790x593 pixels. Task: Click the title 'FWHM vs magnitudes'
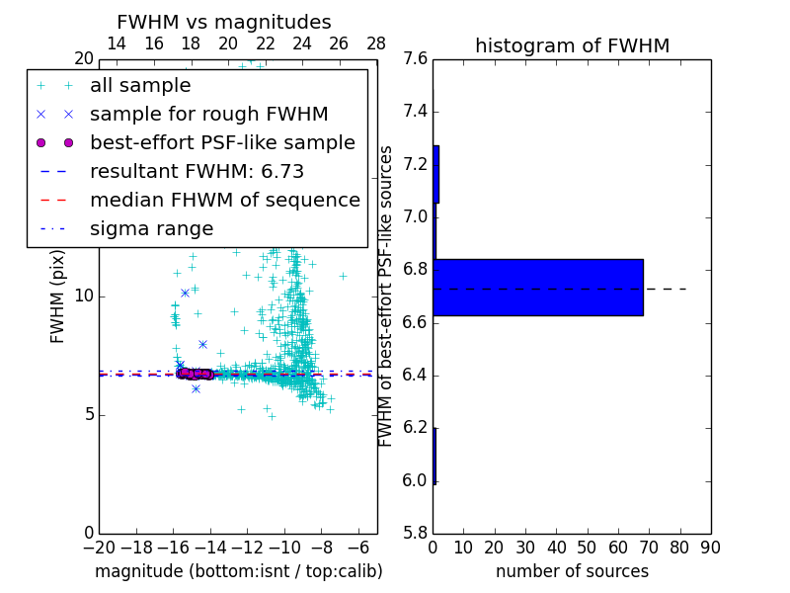tap(224, 23)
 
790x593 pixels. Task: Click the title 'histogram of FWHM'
tap(572, 45)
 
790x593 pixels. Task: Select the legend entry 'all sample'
tap(140, 86)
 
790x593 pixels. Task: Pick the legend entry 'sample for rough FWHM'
tap(208, 115)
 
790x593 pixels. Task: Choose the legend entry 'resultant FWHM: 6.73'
tap(197, 172)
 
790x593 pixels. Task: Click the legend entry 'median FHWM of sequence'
tap(224, 201)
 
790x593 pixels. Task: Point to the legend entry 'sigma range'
tap(151, 229)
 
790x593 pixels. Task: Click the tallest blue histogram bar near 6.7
tap(538, 288)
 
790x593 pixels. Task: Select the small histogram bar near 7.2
tap(435, 174)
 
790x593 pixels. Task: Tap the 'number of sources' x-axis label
tap(572, 571)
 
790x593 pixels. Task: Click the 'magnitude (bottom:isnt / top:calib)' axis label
tap(238, 571)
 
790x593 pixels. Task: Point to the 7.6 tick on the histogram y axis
tap(415, 59)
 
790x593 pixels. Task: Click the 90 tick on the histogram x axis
tap(711, 548)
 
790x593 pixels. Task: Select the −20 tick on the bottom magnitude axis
tap(99, 548)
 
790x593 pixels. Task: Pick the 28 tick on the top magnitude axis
tap(376, 42)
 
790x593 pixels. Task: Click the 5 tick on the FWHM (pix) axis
tap(87, 414)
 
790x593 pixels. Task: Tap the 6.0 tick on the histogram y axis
tap(415, 480)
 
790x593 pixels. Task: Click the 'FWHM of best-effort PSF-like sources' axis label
tap(387, 296)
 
